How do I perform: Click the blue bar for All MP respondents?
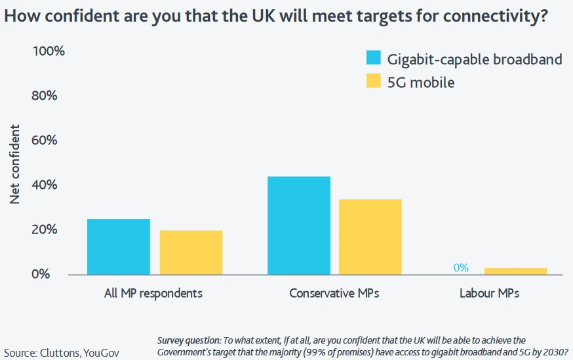[118, 247]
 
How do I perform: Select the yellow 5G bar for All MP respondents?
[191, 252]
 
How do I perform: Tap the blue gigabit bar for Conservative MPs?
[299, 226]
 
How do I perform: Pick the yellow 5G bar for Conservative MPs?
[370, 237]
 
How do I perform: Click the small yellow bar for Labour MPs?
[515, 271]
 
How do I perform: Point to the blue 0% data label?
[461, 268]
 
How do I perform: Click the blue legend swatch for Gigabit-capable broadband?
[374, 58]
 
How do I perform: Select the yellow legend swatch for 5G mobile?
[374, 81]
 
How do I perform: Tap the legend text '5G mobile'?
[421, 83]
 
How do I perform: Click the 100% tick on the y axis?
[49, 51]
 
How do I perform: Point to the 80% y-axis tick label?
[45, 96]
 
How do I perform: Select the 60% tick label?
[45, 140]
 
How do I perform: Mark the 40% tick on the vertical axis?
[45, 185]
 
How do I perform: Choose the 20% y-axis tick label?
[45, 230]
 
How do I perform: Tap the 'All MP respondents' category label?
[153, 293]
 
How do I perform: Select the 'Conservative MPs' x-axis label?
[334, 293]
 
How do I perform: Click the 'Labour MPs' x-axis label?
[489, 293]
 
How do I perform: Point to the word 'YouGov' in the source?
[102, 352]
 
